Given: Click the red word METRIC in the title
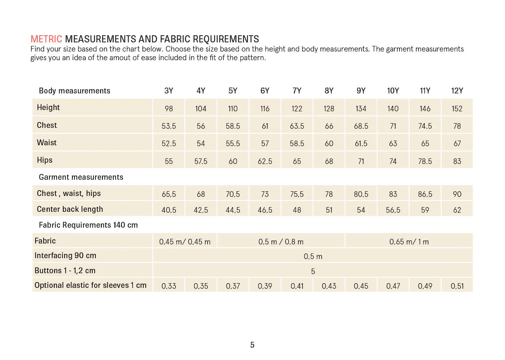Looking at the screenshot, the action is pyautogui.click(x=46, y=39).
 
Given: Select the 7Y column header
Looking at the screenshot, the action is pyautogui.click(x=297, y=91).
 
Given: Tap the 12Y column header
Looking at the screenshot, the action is pyautogui.click(x=457, y=91).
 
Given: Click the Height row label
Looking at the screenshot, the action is pyautogui.click(x=48, y=107).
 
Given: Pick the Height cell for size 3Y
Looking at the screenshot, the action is pyautogui.click(x=169, y=109).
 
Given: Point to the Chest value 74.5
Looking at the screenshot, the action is pyautogui.click(x=425, y=126).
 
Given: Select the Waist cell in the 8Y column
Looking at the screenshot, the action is pyautogui.click(x=329, y=143).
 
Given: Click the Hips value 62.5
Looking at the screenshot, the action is pyautogui.click(x=265, y=161).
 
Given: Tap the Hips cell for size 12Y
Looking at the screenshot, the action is pyautogui.click(x=457, y=161).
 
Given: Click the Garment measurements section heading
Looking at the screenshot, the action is pyautogui.click(x=81, y=177).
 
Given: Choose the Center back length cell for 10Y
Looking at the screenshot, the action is pyautogui.click(x=393, y=210).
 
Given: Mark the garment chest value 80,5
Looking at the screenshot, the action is pyautogui.click(x=361, y=194).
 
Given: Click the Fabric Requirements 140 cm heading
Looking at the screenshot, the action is pyautogui.click(x=88, y=225).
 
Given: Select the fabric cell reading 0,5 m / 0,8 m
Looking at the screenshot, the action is pyautogui.click(x=281, y=242).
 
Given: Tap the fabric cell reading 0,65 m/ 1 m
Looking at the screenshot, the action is pyautogui.click(x=409, y=242).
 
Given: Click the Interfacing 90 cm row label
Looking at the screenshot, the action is pyautogui.click(x=65, y=255).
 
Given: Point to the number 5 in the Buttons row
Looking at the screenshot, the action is pyautogui.click(x=313, y=271).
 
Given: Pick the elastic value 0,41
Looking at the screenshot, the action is pyautogui.click(x=297, y=286).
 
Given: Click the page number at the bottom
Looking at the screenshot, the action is pyautogui.click(x=252, y=345).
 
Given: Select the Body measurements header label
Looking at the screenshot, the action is pyautogui.click(x=74, y=91).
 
